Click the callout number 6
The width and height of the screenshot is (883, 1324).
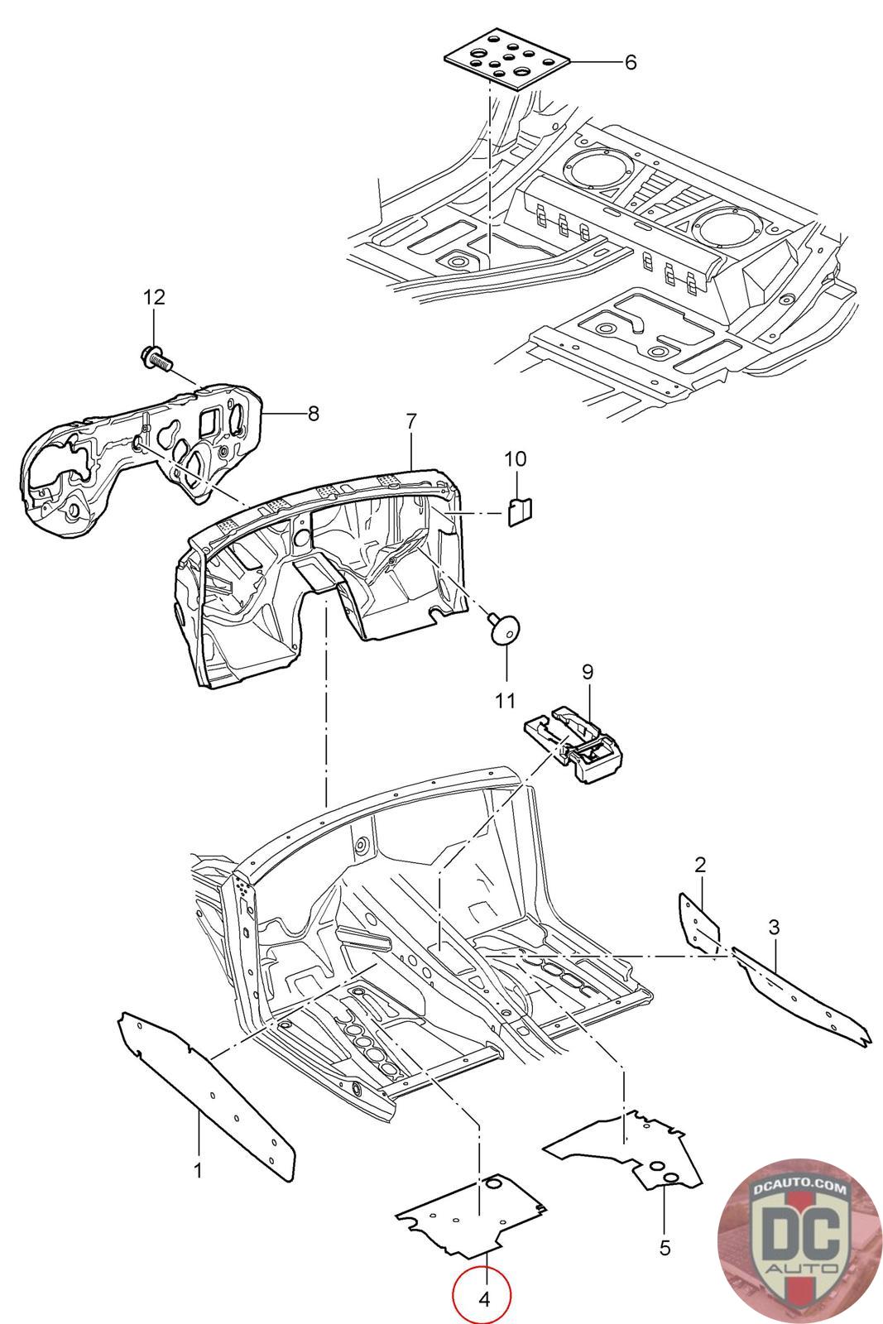pyautogui.click(x=631, y=62)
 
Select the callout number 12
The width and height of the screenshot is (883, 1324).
pyautogui.click(x=154, y=297)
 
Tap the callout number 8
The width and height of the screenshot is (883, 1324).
pyautogui.click(x=314, y=413)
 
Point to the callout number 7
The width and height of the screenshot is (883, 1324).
pyautogui.click(x=411, y=421)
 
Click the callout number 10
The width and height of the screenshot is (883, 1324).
pyautogui.click(x=516, y=458)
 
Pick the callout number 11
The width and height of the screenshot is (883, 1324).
pyautogui.click(x=506, y=700)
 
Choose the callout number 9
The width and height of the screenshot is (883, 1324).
pyautogui.click(x=588, y=672)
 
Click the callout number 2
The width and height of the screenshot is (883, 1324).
pyautogui.click(x=700, y=865)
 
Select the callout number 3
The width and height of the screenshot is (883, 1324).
pyautogui.click(x=775, y=927)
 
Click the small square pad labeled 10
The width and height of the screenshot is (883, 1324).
pyautogui.click(x=520, y=511)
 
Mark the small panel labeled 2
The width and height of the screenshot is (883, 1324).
pyautogui.click(x=699, y=922)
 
